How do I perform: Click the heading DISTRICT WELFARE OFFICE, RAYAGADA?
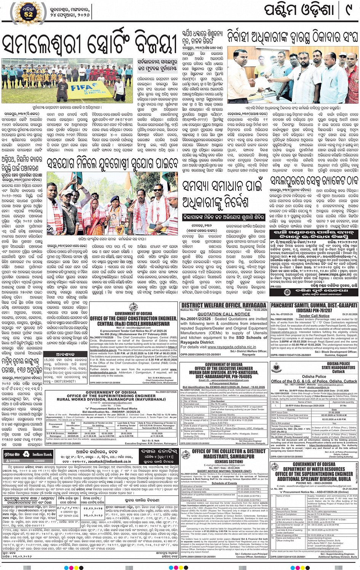[x=224, y=305]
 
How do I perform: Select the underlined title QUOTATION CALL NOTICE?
[x=223, y=314]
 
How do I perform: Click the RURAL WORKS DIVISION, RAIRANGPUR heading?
[x=110, y=399]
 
